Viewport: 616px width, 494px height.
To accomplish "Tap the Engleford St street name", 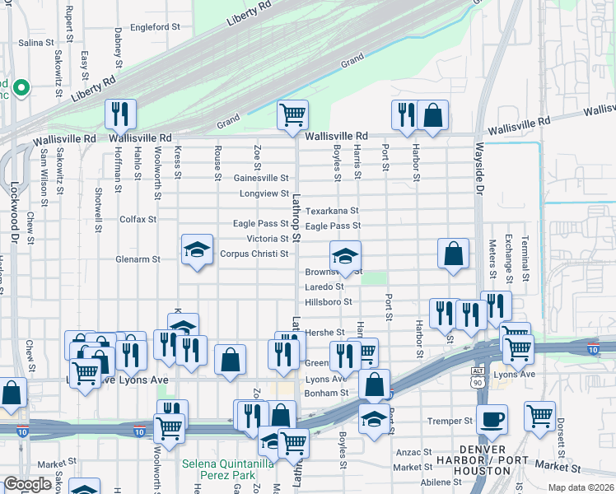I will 155,27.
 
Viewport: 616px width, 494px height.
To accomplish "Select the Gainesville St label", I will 261,178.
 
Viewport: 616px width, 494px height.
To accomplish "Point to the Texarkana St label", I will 333,212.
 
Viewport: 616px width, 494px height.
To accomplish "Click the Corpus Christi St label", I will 254,254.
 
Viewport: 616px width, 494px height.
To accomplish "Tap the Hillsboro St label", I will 329,302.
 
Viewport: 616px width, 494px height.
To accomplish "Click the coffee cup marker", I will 492,418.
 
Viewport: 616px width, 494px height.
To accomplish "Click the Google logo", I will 27,484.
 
